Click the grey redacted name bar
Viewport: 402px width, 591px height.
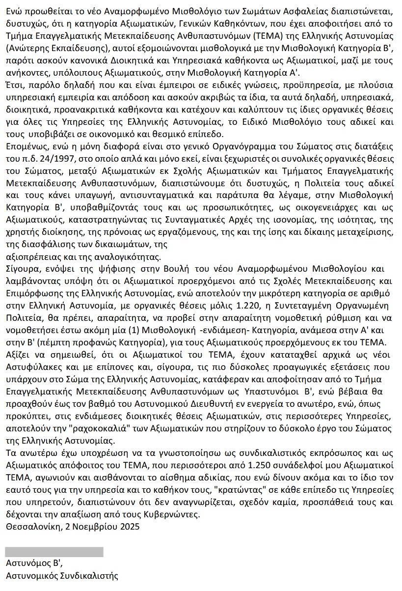(x=54, y=552)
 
